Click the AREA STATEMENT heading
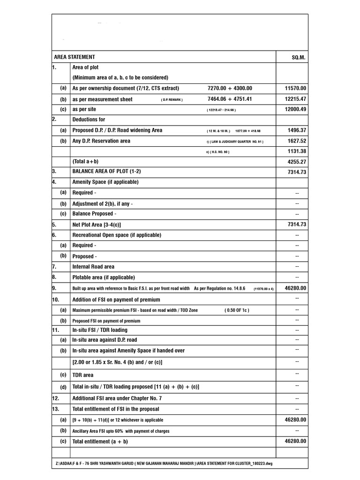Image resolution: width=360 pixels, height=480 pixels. [x=75, y=57]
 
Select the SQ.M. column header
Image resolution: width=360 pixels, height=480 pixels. [x=298, y=57]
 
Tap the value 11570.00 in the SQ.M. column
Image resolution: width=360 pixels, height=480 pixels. [x=295, y=88]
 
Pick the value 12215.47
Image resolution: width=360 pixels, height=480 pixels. [x=295, y=99]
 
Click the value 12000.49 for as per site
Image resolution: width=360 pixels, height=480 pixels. [x=295, y=109]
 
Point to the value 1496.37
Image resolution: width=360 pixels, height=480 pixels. [x=297, y=130]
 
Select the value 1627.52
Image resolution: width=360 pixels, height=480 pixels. [x=297, y=141]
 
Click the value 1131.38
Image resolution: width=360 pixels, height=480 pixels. [x=297, y=151]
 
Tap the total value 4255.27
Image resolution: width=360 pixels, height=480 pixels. [x=297, y=162]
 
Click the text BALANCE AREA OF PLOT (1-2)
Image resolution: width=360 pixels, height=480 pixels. [x=106, y=172]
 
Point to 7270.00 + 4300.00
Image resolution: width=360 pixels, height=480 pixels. [x=230, y=88]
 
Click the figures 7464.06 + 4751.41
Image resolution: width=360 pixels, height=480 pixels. [x=230, y=99]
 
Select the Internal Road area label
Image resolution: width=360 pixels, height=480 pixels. [x=93, y=267]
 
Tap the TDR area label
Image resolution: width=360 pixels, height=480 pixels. [x=83, y=375]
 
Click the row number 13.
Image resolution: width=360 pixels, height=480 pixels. [x=56, y=409]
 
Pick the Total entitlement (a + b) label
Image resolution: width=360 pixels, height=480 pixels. [x=100, y=442]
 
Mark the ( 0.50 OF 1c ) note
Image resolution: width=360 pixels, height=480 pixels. [x=237, y=310]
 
